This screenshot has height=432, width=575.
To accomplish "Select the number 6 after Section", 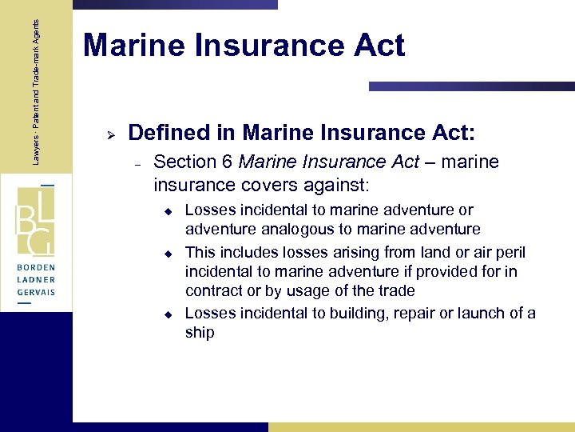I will (227, 162).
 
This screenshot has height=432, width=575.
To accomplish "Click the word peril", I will (509, 251).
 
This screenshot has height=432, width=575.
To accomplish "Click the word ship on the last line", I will (200, 333).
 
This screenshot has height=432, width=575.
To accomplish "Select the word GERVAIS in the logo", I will (37, 293).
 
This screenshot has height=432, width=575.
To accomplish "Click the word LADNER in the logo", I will (37, 281).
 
